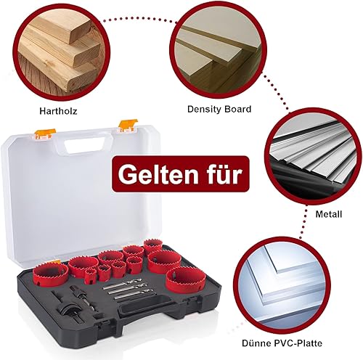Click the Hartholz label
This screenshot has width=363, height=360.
[58, 111]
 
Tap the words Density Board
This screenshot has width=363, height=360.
[219, 109]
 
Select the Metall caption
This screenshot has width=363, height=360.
[329, 214]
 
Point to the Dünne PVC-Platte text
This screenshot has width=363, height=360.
[282, 343]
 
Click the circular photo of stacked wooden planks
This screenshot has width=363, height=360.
[62, 52]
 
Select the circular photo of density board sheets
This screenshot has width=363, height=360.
[219, 50]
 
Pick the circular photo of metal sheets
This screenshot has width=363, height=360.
[314, 158]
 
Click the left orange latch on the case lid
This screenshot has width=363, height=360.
[45, 134]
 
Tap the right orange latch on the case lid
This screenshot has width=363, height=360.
[128, 126]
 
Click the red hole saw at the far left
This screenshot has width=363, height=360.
[51, 275]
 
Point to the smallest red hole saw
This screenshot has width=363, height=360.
[91, 276]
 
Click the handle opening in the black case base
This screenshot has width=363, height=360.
[146, 308]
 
